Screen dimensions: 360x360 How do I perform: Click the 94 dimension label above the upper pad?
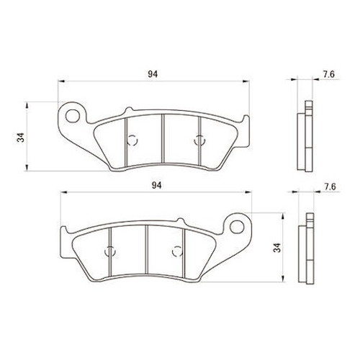153,74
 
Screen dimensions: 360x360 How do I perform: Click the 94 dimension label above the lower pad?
156,185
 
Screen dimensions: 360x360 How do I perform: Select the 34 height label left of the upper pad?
21,138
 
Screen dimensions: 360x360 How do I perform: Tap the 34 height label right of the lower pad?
277,248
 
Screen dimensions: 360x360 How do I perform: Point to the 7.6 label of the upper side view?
328,74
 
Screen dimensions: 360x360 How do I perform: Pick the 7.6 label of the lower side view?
330,186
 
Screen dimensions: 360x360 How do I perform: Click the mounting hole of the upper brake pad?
72,116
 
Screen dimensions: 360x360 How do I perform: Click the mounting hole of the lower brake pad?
237,227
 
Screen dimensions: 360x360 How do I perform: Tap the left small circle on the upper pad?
132,140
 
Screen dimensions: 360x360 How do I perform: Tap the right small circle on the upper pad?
199,140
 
